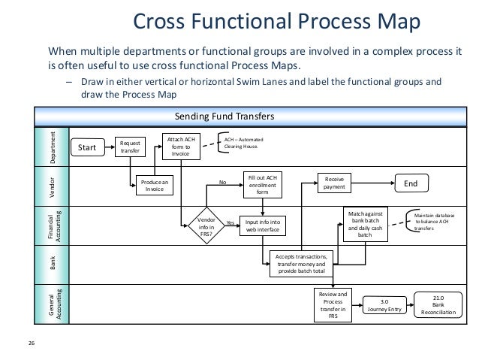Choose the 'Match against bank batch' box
point(367,224)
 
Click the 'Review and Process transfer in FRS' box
point(333,304)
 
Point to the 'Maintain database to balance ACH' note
point(435,222)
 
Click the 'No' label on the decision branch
point(221,182)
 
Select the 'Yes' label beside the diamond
point(230,223)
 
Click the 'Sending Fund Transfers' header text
point(224,116)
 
